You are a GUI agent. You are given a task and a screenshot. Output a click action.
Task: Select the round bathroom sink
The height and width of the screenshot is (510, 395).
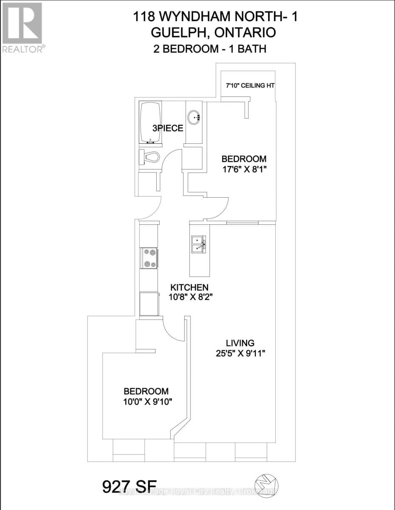pyautogui.click(x=195, y=116)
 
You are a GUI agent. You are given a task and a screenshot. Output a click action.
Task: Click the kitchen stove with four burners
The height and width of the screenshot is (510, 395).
pyautogui.click(x=149, y=258)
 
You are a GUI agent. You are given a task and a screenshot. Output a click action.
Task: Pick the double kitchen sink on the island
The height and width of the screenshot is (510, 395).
pyautogui.click(x=199, y=244)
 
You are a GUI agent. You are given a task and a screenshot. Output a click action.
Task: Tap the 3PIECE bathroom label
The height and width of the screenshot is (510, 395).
pyautogui.click(x=168, y=128)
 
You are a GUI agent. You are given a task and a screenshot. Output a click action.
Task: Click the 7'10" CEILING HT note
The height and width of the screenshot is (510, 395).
pyautogui.click(x=250, y=86)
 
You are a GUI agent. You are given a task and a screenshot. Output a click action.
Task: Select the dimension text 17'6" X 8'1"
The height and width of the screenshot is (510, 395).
pyautogui.click(x=244, y=169)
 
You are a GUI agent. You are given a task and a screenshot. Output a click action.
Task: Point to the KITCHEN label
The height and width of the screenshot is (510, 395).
pyautogui.click(x=189, y=287)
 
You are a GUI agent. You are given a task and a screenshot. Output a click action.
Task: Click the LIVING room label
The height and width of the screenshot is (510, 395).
pyautogui.click(x=240, y=343)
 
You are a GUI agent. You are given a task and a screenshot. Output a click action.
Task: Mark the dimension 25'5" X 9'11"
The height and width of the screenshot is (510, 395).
pyautogui.click(x=240, y=353)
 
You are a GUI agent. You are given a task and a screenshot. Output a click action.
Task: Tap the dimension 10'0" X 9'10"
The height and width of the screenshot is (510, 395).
pyautogui.click(x=146, y=402)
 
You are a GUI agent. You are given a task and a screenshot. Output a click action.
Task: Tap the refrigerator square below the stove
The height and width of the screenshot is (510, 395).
pyautogui.click(x=149, y=303)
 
